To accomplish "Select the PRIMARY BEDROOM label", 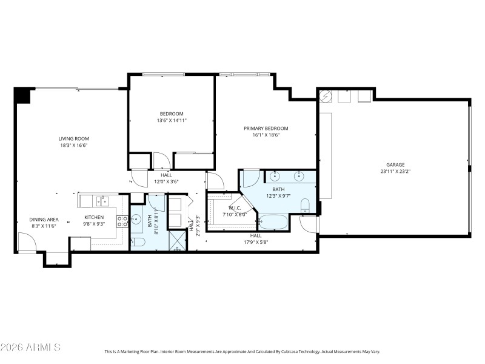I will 266,128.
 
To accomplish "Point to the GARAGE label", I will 395,164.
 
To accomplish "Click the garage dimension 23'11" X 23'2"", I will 395,172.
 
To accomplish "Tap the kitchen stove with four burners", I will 122,220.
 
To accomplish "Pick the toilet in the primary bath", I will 305,206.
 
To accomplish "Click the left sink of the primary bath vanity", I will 275,177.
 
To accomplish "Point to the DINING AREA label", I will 44,219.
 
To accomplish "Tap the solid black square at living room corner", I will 22,95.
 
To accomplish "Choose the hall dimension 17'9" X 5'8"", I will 256,242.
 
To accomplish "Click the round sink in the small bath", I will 137,220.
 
